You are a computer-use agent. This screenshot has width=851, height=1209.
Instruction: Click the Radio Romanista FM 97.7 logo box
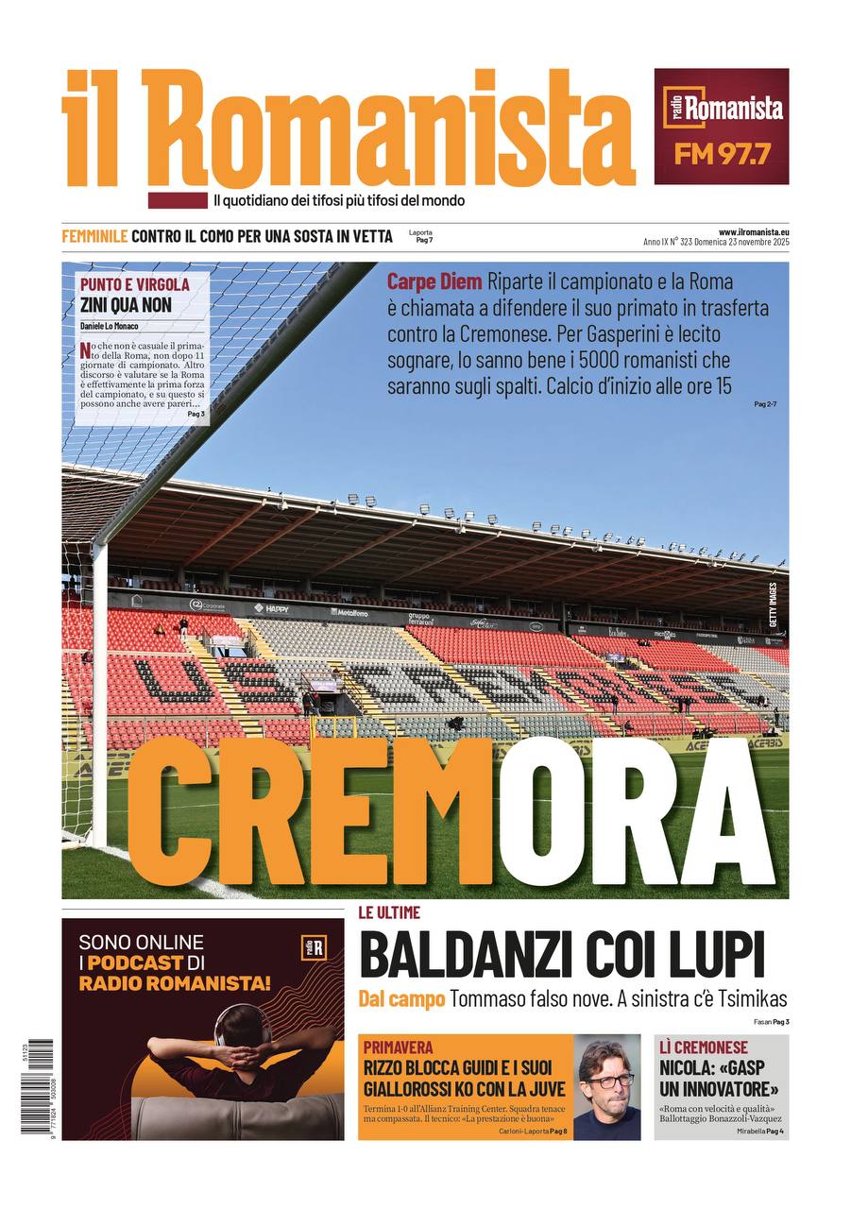tap(721, 126)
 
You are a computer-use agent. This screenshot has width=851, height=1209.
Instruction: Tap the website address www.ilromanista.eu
tap(753, 231)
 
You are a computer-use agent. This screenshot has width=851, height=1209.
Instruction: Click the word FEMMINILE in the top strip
tap(94, 236)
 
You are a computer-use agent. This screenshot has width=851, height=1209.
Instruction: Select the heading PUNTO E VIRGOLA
tap(134, 284)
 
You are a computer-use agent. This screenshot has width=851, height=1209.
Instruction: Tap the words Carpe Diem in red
tap(434, 281)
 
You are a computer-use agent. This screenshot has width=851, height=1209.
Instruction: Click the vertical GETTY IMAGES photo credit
tap(773, 604)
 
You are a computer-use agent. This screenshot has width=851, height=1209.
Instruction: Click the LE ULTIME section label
tap(389, 912)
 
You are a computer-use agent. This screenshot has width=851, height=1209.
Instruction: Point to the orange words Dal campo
tap(400, 998)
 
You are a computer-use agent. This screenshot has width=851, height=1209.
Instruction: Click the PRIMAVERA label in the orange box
tap(398, 1047)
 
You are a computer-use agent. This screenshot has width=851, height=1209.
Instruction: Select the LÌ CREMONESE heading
tap(704, 1047)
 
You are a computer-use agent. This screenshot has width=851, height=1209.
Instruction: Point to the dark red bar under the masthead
tap(177, 200)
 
